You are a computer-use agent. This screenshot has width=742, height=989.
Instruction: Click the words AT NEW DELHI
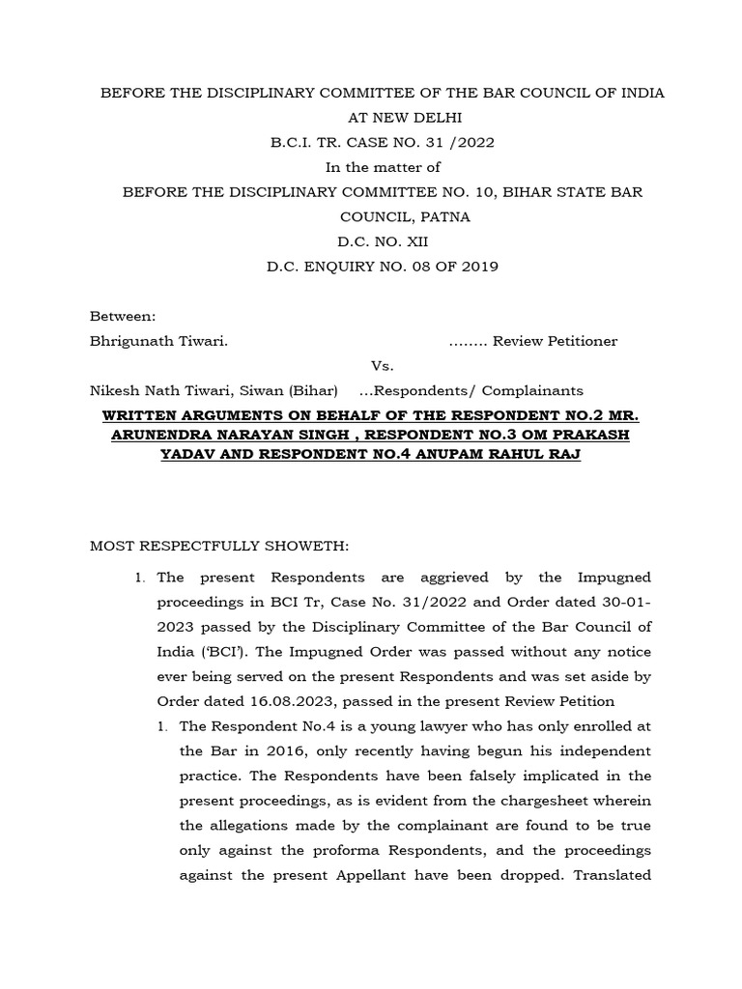pos(383,118)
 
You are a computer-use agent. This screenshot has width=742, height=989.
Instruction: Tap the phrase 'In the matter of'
pos(383,167)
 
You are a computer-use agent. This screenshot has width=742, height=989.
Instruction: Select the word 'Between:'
pos(122,317)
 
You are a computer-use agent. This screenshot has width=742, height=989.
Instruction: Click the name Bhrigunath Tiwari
pos(158,341)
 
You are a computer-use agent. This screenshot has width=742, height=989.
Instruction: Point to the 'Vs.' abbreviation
pos(383,366)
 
